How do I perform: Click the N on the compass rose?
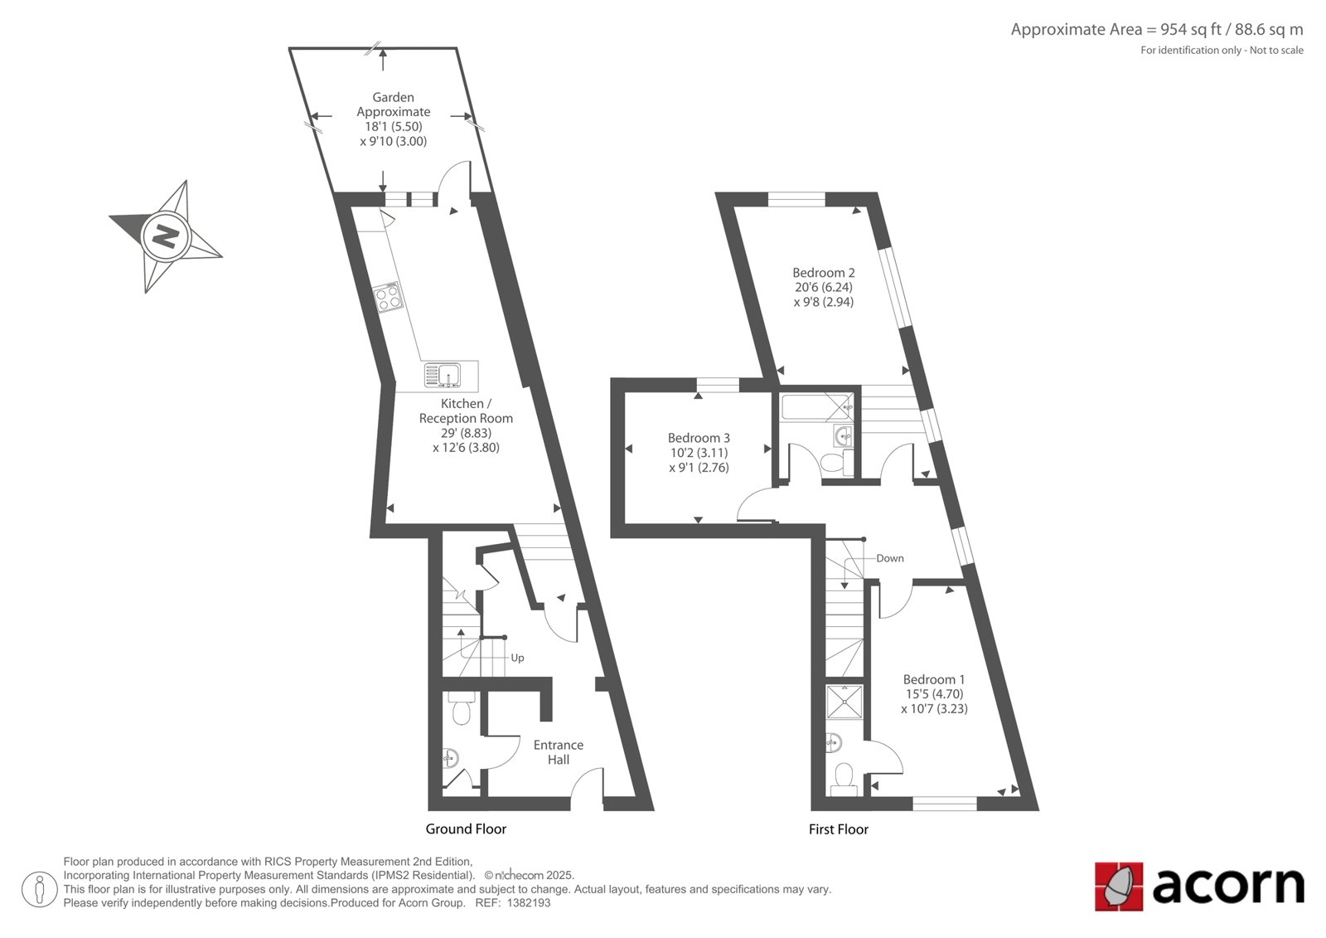point(166,237)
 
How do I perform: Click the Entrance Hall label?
point(559,752)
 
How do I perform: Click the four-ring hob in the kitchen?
point(389,297)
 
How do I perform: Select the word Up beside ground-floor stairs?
point(517,658)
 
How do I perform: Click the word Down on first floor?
point(890,558)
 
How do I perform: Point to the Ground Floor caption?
point(466,829)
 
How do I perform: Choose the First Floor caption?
point(838,829)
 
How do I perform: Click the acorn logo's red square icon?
point(1119,887)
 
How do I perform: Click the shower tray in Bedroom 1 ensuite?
point(844,702)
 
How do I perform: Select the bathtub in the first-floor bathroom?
point(817,408)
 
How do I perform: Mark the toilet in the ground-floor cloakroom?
point(460,707)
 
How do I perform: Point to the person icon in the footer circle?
point(40,889)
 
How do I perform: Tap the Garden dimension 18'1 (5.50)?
point(393,126)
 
